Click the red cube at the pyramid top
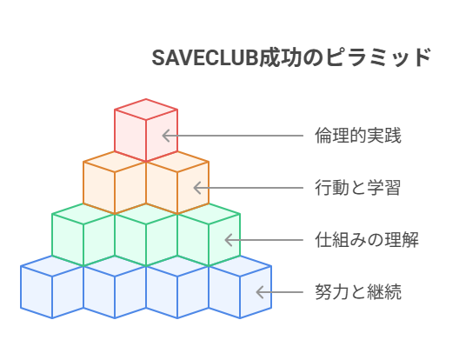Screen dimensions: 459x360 tap(146, 130)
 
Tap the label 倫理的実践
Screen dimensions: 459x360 tap(357, 136)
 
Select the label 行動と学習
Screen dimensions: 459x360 tap(357, 188)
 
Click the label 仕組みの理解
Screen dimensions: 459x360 tap(367, 240)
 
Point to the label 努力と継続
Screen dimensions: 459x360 tap(357, 292)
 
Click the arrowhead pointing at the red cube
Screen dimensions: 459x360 tap(166, 136)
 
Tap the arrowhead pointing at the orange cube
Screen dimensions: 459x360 tap(197, 188)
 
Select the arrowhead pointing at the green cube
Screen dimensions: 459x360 tap(229, 240)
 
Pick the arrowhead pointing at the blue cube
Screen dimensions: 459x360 tap(260, 292)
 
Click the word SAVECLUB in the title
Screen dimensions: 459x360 tap(204, 57)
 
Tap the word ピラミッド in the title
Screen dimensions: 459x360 tap(378, 57)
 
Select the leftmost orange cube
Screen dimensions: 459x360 tap(115, 183)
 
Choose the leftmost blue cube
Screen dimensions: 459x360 tap(52, 287)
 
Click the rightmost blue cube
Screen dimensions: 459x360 tap(240, 287)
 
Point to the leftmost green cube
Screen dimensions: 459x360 tap(83, 235)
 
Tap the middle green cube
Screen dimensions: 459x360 tap(146, 235)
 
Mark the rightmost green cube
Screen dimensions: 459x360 tap(209, 235)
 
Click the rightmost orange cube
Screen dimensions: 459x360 tap(177, 183)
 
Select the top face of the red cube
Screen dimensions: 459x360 tap(146, 110)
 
